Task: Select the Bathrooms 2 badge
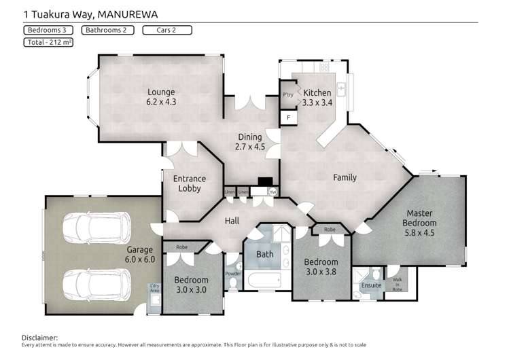tap(107, 30)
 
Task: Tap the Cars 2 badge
tap(167, 30)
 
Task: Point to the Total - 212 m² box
tap(48, 42)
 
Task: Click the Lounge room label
tap(161, 96)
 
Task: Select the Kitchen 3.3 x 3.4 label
tap(317, 98)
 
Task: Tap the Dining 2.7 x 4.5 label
tap(249, 141)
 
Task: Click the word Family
tap(345, 178)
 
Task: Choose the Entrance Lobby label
tap(190, 184)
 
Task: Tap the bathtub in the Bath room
tap(264, 280)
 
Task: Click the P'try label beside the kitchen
tap(287, 94)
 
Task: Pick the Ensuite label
tap(371, 285)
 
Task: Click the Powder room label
tap(232, 274)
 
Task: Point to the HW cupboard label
tap(273, 192)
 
